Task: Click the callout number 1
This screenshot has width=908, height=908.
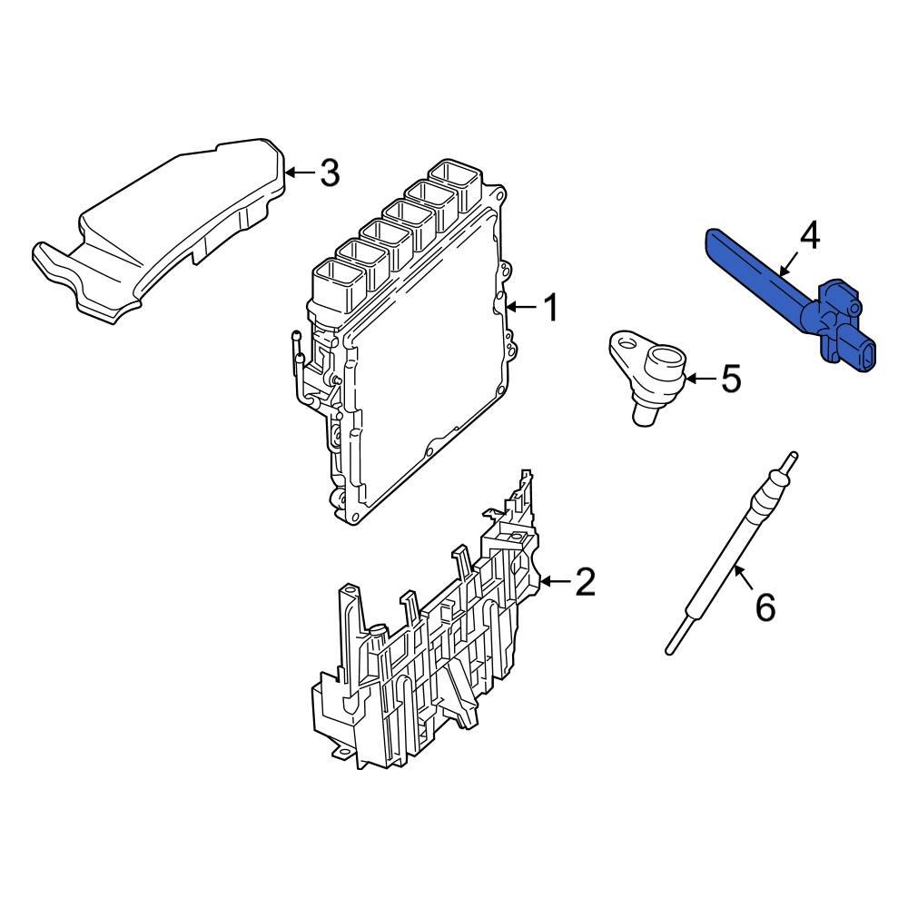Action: [550, 308]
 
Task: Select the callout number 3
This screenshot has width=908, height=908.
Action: [329, 172]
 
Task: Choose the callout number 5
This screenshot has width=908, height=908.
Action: [731, 379]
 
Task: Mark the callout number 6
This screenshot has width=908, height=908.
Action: [765, 607]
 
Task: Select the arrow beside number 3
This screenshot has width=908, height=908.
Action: [300, 171]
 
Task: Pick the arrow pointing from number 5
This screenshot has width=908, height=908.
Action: [699, 378]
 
